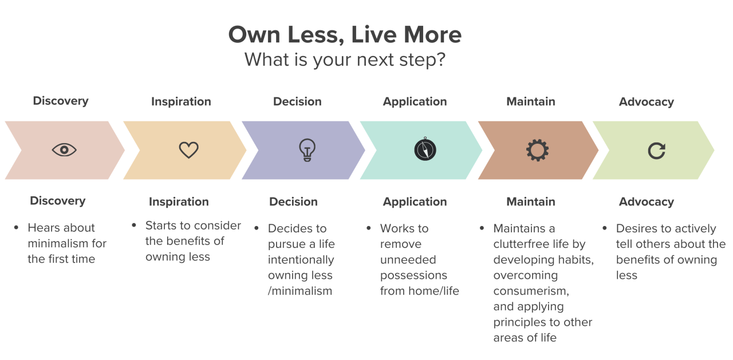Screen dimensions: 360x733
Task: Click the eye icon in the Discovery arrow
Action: pyautogui.click(x=64, y=150)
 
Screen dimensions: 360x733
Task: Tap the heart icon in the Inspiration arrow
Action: pyautogui.click(x=188, y=150)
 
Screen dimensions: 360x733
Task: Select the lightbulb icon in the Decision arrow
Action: pyautogui.click(x=308, y=150)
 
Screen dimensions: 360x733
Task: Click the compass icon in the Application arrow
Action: pyautogui.click(x=425, y=150)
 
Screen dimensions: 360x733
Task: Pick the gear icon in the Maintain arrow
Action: pyautogui.click(x=537, y=150)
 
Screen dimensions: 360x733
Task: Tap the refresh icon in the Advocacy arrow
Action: pyautogui.click(x=656, y=151)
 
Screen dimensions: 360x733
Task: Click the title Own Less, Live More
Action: pyautogui.click(x=345, y=35)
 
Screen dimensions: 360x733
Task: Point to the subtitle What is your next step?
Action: pyautogui.click(x=345, y=60)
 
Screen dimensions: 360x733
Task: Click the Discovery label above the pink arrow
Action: pyautogui.click(x=61, y=101)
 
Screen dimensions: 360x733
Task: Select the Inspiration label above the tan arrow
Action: pyautogui.click(x=181, y=101)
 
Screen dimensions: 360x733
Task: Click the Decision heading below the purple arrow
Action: pyautogui.click(x=293, y=201)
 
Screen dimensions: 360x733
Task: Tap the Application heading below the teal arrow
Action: pyautogui.click(x=415, y=201)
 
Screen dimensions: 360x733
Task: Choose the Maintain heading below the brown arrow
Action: pyautogui.click(x=530, y=201)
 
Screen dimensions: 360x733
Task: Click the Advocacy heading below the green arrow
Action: pyautogui.click(x=646, y=201)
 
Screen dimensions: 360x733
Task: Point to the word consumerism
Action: pyautogui.click(x=530, y=291)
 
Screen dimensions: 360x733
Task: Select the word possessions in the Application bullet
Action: pyautogui.click(x=413, y=275)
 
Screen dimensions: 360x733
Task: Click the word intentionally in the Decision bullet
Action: pyautogui.click(x=301, y=259)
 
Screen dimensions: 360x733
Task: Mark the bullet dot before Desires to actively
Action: pyautogui.click(x=605, y=228)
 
